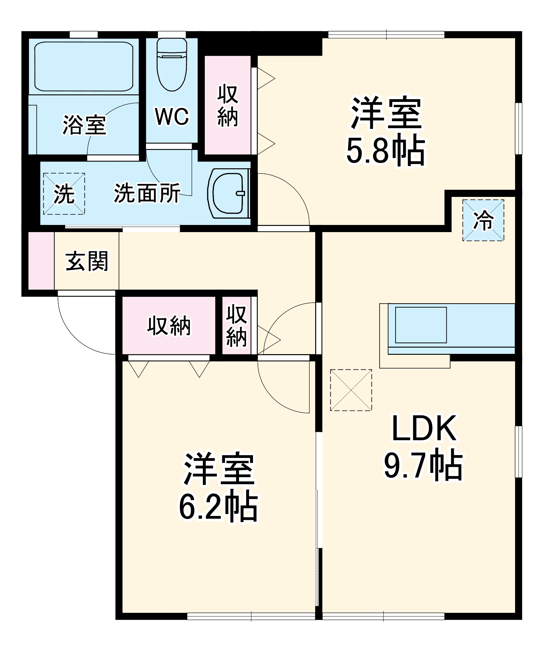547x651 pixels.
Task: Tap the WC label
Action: [x=172, y=116]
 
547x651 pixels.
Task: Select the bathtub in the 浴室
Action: [x=84, y=66]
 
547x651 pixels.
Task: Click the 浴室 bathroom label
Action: [x=84, y=125]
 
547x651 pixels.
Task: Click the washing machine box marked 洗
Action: [x=64, y=194]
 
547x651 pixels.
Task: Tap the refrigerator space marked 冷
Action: [x=483, y=220]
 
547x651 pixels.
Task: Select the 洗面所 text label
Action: [x=147, y=193]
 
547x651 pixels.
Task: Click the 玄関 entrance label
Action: [x=87, y=261]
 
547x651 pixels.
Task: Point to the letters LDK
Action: [x=424, y=429]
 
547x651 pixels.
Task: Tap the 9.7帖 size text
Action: [x=423, y=465]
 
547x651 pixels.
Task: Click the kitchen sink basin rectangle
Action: [x=421, y=325]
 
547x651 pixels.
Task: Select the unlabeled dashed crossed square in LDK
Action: [x=351, y=390]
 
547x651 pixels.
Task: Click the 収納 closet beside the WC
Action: [x=228, y=105]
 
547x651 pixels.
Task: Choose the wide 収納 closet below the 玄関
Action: [x=169, y=325]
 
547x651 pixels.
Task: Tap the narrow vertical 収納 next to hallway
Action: [x=237, y=325]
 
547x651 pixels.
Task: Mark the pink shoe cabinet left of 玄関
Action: [x=41, y=260]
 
